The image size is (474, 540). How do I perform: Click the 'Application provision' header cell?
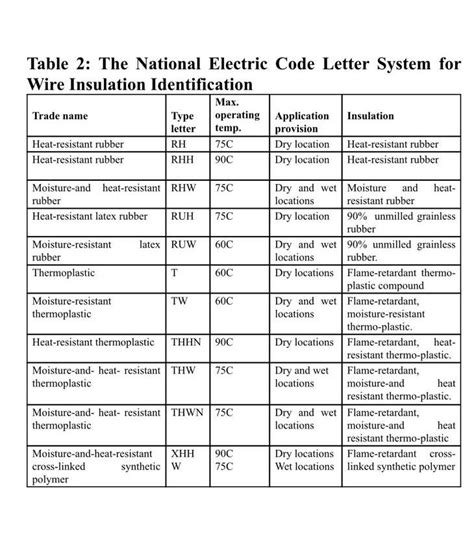[x=302, y=122]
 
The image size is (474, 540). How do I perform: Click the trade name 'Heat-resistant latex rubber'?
[x=89, y=216]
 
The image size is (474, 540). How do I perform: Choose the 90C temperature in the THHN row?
[x=224, y=342]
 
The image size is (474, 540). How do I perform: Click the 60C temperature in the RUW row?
[x=224, y=243]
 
